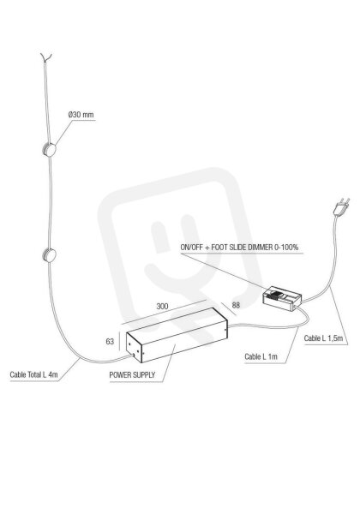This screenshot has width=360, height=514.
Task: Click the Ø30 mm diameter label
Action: pos(81,115)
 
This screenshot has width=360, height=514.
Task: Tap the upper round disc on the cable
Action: pos(50,150)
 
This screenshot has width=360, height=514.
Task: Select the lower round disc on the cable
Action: pos(49,255)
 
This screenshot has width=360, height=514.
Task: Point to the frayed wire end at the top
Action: pos(45,57)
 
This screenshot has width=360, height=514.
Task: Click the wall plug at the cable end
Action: pos(341,206)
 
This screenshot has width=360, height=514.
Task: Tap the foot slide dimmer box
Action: pos(282,297)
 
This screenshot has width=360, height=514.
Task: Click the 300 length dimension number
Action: pos(162,306)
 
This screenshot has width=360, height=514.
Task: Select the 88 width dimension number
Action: pos(236,305)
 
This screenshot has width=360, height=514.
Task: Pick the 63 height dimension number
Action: pos(110,342)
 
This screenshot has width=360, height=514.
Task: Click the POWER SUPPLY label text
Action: pos(132,374)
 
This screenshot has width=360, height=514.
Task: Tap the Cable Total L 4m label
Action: pos(33,374)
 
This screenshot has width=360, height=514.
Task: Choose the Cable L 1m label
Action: pos(261,356)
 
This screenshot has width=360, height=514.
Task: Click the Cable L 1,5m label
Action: pos(323,338)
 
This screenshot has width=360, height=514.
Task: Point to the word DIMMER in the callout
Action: pos(261,248)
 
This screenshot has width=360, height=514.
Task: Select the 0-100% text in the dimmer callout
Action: pos(287,248)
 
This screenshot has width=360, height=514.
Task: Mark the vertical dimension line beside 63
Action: pos(119,341)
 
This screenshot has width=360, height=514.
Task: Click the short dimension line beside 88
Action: pos(229,308)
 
